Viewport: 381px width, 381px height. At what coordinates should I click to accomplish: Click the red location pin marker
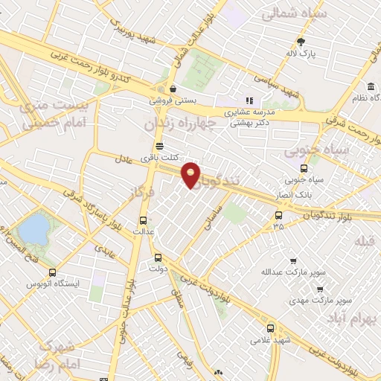coord(191,174)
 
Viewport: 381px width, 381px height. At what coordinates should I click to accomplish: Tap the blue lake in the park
coord(33,228)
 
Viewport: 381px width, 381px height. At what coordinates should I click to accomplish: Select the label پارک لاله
coord(302,54)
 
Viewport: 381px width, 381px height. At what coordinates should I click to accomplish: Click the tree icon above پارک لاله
coord(301,42)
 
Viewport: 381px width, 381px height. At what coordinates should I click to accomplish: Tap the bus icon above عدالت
coord(144,220)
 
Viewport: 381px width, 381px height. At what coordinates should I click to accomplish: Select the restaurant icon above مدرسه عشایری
coord(250,100)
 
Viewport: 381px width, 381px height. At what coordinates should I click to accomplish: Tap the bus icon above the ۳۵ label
coord(278,214)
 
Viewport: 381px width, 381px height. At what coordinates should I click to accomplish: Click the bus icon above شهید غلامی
coord(270,327)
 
